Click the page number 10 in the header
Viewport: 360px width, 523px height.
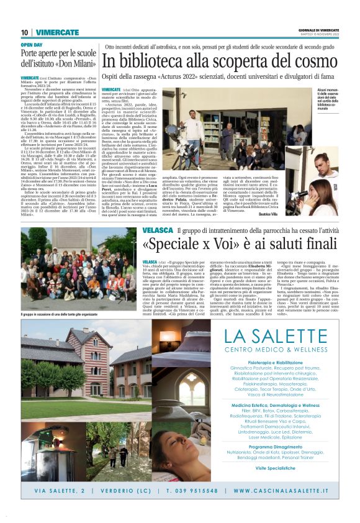pyautogui.click(x=25, y=32)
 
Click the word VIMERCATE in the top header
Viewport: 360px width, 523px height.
pyautogui.click(x=57, y=32)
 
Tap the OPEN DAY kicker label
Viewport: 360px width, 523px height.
pyautogui.click(x=32, y=45)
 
